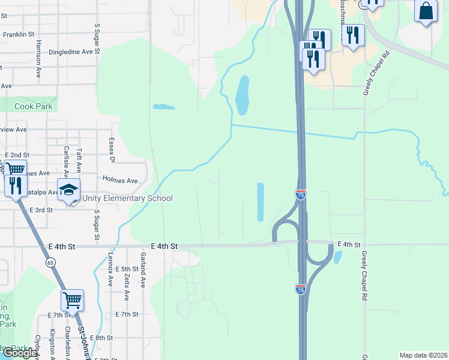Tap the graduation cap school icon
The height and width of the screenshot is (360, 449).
coord(69,190)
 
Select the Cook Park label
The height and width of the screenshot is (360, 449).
coord(34,106)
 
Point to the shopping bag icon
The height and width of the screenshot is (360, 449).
coord(426,11)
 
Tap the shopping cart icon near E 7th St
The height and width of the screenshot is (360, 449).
coord(72,299)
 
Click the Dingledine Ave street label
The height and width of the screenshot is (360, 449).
coord(71,52)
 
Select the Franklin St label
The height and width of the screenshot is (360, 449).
coord(19,35)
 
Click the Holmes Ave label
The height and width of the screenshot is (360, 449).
coord(120,180)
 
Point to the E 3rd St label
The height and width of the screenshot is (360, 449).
coord(41,211)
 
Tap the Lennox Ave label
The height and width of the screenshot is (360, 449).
coord(110,271)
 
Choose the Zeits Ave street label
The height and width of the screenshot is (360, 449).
coord(126,284)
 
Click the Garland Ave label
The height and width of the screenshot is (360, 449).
coord(143,271)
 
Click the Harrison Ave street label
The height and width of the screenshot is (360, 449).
coord(38,59)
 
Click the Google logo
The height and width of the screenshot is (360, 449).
coord(20,353)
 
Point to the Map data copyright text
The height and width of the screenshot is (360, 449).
coord(423,355)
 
